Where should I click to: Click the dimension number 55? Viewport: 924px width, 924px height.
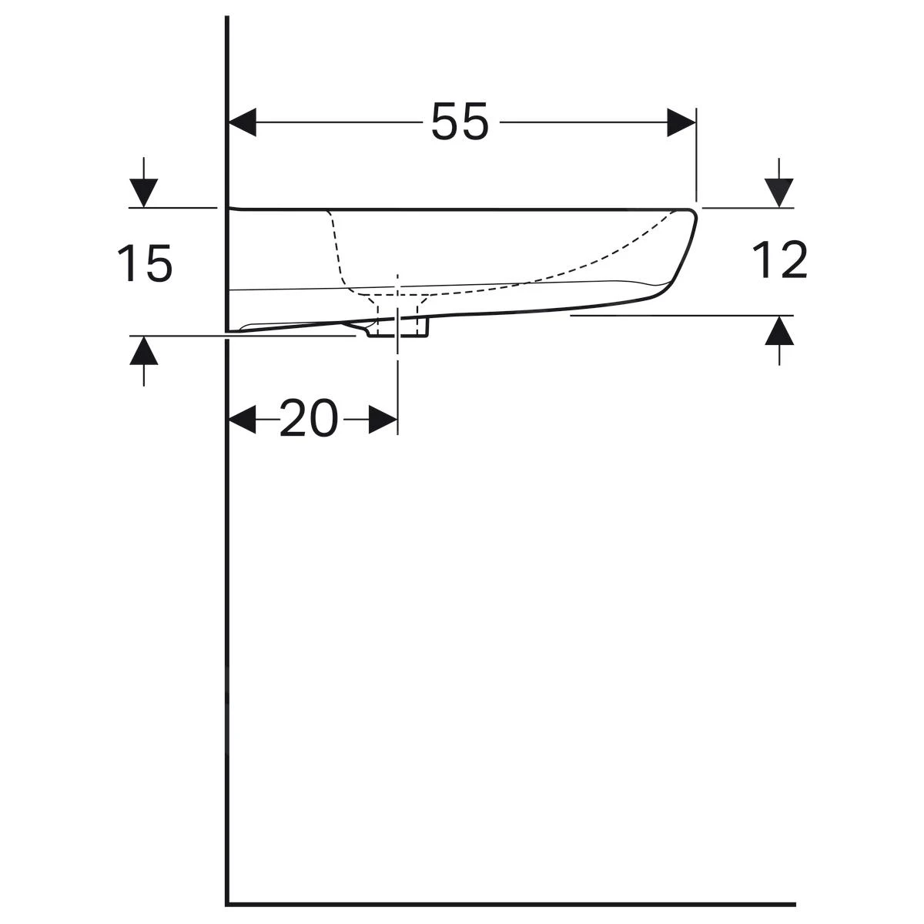(x=460, y=122)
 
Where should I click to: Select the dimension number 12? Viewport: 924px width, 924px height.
(x=779, y=259)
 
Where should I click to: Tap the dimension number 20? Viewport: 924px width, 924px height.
(x=308, y=420)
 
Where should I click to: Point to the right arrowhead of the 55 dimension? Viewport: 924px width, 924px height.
(x=681, y=122)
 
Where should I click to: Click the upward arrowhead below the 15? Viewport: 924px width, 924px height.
(x=144, y=350)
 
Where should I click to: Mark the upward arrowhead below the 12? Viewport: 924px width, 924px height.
(x=779, y=330)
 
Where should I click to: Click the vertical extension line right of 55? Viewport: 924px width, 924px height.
(x=696, y=154)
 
